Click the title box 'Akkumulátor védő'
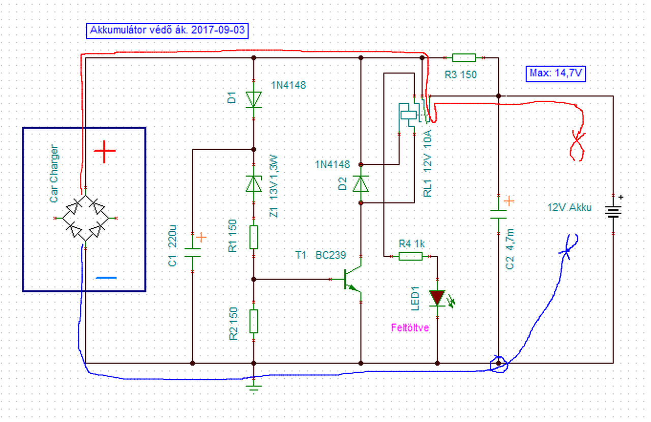click(167, 31)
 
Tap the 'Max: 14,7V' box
click(556, 74)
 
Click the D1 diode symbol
click(254, 100)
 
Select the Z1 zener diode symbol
click(254, 184)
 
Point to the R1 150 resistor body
click(254, 237)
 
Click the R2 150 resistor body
click(254, 321)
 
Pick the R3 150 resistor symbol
click(464, 58)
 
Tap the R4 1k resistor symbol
click(410, 256)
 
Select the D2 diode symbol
click(361, 184)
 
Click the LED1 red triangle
click(437, 298)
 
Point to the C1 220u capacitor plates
click(192, 253)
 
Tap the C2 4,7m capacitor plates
click(498, 214)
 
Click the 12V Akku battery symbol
click(613, 212)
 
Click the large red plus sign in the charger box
click(105, 151)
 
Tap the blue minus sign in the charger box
click(106, 278)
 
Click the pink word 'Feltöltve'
click(410, 328)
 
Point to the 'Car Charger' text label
click(54, 173)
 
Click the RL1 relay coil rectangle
click(408, 115)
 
